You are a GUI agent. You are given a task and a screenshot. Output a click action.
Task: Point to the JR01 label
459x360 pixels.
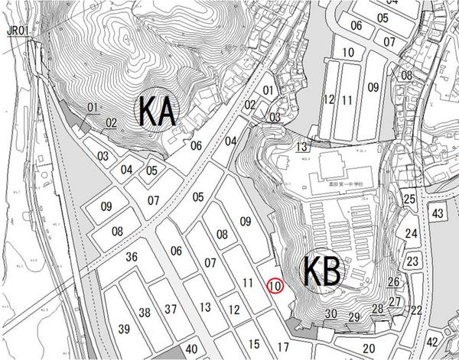(18, 31)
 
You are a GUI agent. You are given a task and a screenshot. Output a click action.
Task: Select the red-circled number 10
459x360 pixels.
(275, 286)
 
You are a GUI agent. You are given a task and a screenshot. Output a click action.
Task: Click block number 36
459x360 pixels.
(132, 258)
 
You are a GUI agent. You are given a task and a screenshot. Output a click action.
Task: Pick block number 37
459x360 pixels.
(171, 309)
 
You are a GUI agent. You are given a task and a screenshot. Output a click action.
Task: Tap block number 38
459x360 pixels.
(144, 312)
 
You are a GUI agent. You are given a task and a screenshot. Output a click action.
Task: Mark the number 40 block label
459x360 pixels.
(191, 349)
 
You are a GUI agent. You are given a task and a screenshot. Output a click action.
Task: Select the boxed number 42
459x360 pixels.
(432, 342)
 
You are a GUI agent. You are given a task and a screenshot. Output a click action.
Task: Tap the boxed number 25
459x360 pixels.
(410, 199)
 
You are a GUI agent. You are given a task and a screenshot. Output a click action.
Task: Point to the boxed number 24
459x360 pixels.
(412, 234)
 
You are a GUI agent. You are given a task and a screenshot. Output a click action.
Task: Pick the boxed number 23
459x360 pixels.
(413, 261)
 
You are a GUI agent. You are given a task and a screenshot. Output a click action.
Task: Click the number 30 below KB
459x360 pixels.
(330, 314)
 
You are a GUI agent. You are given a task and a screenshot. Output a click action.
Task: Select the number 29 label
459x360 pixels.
(353, 317)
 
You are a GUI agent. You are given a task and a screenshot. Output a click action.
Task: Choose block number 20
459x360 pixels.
(368, 349)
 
